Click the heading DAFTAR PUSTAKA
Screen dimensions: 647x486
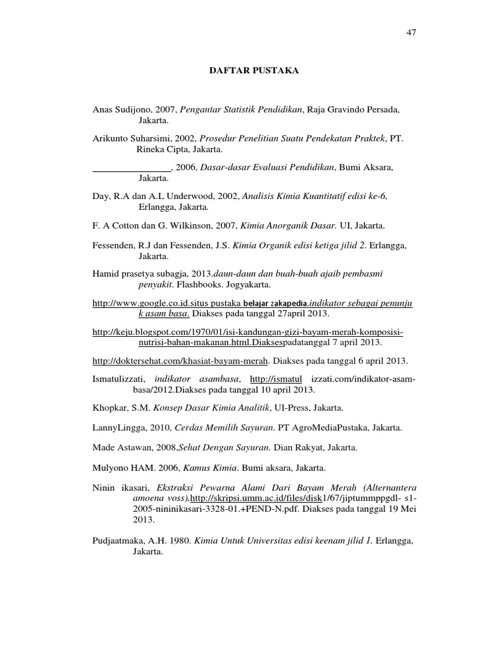254,71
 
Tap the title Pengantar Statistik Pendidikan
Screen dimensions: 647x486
241,109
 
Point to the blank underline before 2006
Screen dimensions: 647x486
132,167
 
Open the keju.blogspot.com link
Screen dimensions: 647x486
247,332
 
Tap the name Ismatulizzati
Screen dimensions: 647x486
119,378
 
